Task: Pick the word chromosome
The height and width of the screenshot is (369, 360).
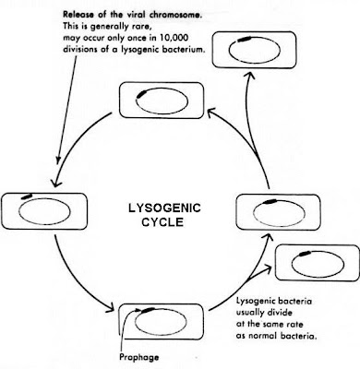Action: coord(170,13)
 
